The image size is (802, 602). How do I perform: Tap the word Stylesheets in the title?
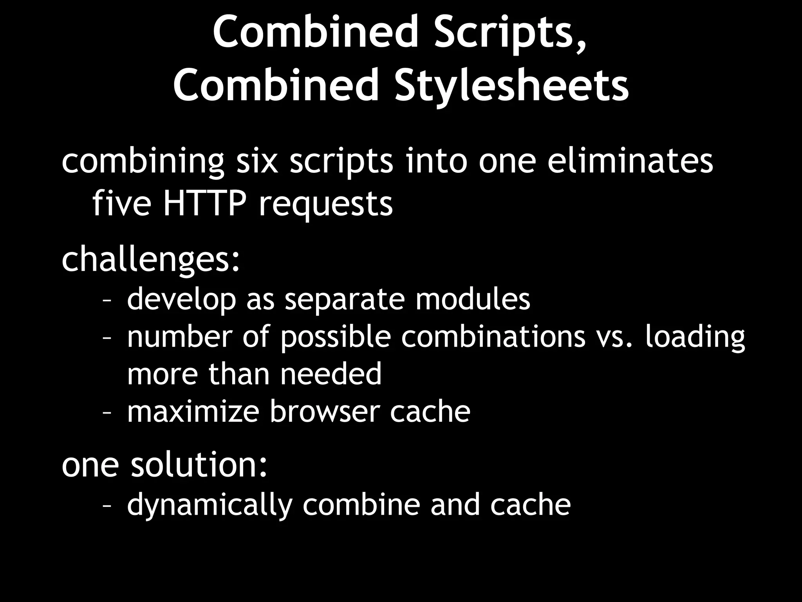pyautogui.click(x=511, y=85)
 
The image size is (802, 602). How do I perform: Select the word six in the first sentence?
pyautogui.click(x=256, y=161)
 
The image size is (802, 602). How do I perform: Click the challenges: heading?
pyautogui.click(x=151, y=261)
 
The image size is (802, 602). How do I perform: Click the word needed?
pyautogui.click(x=331, y=374)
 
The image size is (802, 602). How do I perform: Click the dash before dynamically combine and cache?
pyautogui.click(x=107, y=506)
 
